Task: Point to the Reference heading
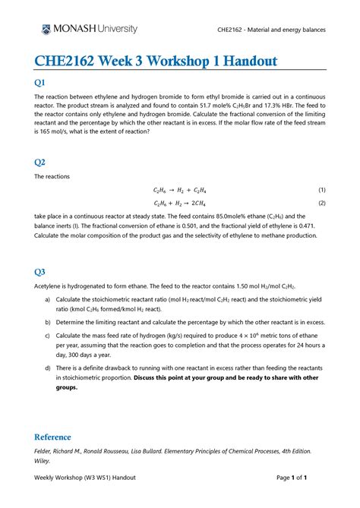tap(53, 437)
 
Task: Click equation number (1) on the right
tap(321, 190)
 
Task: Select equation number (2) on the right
tap(321, 204)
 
